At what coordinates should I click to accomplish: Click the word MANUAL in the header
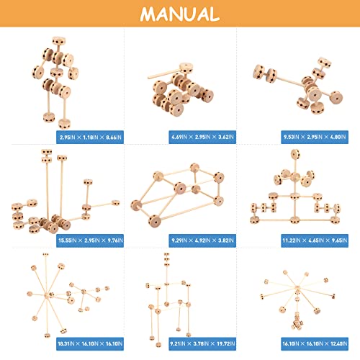pos(179,14)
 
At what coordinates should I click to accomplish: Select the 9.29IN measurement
pos(145,239)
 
